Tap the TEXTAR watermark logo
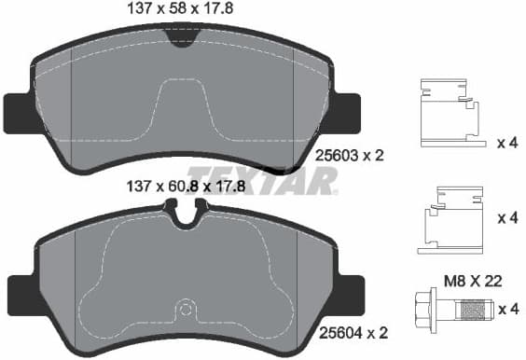261,179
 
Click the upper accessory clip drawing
450,113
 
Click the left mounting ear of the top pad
17,113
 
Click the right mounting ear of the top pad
346,113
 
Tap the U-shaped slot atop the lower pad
187,215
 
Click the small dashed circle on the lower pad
186,309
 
